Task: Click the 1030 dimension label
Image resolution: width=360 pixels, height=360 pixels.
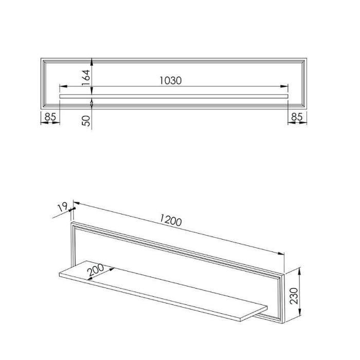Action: [x=171, y=81]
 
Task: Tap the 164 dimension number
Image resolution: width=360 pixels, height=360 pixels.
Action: [x=86, y=78]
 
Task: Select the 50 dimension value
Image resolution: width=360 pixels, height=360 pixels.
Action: [x=86, y=121]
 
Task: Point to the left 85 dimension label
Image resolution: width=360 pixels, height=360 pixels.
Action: [x=50, y=117]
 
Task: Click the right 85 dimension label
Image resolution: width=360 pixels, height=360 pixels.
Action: [x=297, y=117]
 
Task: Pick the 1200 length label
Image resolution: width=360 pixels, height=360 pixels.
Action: [x=171, y=220]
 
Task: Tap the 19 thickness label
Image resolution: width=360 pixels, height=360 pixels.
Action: [x=62, y=207]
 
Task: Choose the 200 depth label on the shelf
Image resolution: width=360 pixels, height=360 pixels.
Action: [x=96, y=270]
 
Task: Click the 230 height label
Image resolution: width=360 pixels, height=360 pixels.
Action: [x=294, y=296]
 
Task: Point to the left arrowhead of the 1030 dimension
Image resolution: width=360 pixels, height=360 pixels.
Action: [x=63, y=86]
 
